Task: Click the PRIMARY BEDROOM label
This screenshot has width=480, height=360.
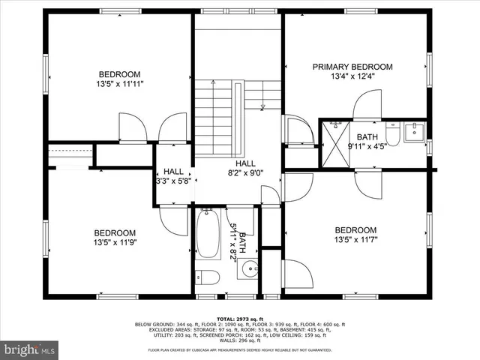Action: pyautogui.click(x=355, y=67)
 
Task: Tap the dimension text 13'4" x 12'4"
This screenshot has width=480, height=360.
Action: pyautogui.click(x=355, y=76)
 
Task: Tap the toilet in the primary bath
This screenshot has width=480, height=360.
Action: pyautogui.click(x=392, y=135)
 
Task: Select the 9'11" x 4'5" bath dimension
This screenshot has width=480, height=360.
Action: pyautogui.click(x=367, y=147)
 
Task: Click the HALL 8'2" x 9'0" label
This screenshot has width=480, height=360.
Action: pyautogui.click(x=245, y=169)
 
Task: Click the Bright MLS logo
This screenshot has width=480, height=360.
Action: pyautogui.click(x=29, y=349)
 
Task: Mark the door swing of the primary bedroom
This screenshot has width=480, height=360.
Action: pyautogui.click(x=367, y=105)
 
